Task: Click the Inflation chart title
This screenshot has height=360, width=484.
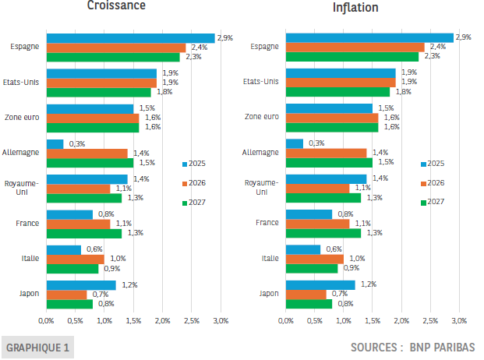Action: [355, 8]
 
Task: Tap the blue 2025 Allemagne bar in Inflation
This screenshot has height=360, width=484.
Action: [295, 143]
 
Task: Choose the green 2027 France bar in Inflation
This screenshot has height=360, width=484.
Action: [323, 233]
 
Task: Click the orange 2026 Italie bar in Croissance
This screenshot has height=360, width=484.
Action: [75, 259]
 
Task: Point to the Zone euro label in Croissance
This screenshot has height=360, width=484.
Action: [23, 117]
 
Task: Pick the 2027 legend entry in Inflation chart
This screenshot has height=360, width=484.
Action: [433, 202]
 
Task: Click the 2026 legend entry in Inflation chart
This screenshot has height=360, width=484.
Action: [433, 182]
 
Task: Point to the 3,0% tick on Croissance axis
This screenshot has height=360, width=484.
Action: [221, 320]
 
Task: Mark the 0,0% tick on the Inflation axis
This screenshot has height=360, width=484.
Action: [285, 320]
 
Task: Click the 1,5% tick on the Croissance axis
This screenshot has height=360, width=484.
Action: [133, 320]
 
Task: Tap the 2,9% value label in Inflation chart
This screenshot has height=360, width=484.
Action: [463, 37]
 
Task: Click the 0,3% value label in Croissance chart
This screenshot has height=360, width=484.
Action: [76, 144]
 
